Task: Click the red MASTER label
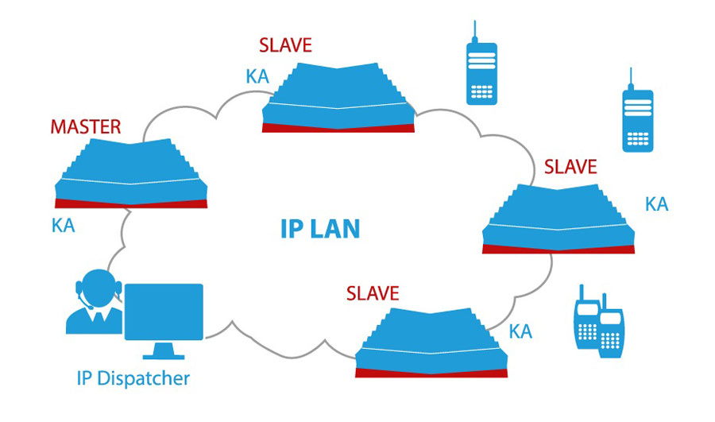[x=85, y=126]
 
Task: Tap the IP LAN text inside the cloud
[x=320, y=229]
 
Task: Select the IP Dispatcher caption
[x=133, y=377]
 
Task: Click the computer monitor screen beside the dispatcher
[x=165, y=312]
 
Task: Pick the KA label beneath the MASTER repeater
[x=63, y=226]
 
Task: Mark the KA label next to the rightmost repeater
[x=656, y=204]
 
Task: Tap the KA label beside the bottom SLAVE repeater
[x=520, y=331]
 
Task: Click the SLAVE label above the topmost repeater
[x=285, y=45]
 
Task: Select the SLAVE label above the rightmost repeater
[x=570, y=167]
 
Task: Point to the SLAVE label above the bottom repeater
[x=373, y=293]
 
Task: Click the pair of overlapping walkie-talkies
[x=597, y=323]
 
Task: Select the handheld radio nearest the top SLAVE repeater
[x=481, y=72]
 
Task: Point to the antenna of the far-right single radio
[x=630, y=78]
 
